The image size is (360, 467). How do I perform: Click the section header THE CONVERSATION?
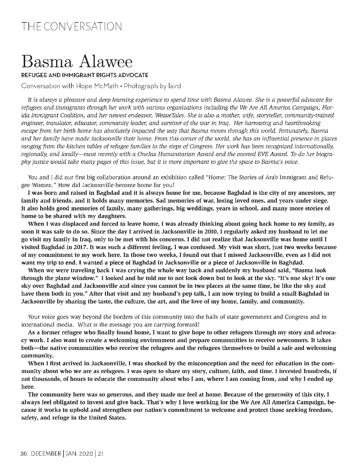(x=72, y=26)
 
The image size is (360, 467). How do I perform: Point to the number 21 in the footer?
(x=101, y=454)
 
